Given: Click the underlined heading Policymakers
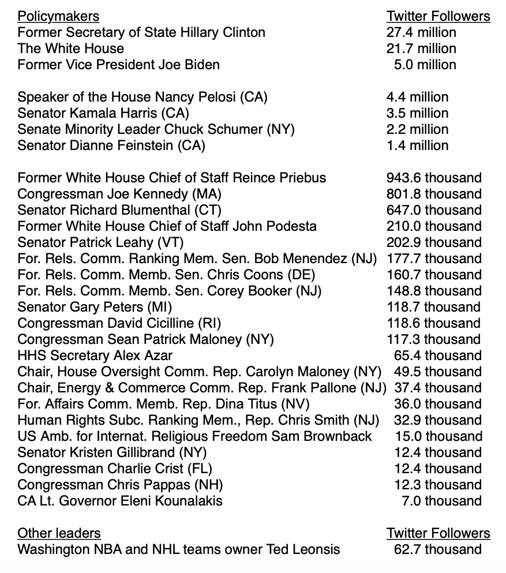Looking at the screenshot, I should (58, 16).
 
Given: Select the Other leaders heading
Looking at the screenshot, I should (59, 533).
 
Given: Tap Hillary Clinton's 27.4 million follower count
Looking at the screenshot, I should (421, 32).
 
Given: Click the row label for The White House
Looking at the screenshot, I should (70, 48).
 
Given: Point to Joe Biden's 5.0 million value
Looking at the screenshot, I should (425, 65).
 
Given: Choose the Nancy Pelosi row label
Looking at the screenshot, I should (143, 97).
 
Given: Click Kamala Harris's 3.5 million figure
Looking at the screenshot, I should (417, 113).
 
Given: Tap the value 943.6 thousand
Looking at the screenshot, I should (434, 178).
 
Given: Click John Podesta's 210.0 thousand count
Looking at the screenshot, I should (434, 226).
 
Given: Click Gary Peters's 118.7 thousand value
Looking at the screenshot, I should (434, 307).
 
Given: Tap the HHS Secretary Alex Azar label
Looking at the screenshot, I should (95, 355).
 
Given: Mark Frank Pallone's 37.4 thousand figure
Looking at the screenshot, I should (437, 388).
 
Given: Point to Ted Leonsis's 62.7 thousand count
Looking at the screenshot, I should (437, 549).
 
